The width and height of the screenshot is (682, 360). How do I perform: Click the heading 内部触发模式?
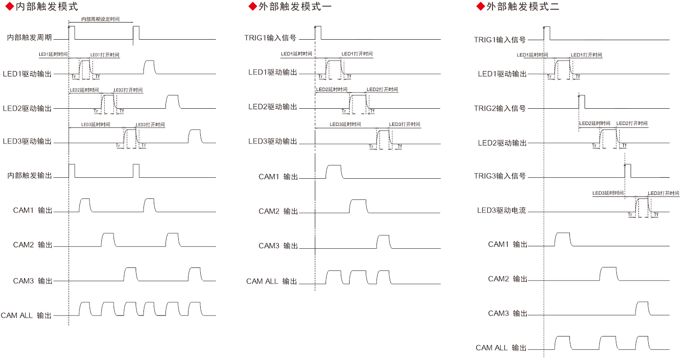[x=47, y=7]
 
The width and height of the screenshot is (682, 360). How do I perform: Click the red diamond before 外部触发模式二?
[x=480, y=7]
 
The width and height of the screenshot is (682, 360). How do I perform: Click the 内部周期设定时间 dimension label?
[x=100, y=19]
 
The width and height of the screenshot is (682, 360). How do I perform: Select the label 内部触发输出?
[x=29, y=175]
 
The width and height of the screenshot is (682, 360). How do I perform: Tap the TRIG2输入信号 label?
[x=500, y=108]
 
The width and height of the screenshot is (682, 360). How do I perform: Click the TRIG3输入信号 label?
[x=500, y=176]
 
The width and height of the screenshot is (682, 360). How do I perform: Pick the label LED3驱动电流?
[x=502, y=211]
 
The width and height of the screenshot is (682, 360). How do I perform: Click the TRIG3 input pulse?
[x=628, y=170]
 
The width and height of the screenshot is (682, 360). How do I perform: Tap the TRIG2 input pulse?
[x=582, y=102]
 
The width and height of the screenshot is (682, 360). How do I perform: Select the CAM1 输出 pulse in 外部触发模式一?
[x=333, y=172]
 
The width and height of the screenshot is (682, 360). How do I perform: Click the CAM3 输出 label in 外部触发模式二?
[x=507, y=313]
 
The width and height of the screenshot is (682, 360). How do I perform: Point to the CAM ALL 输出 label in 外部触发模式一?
[x=272, y=282]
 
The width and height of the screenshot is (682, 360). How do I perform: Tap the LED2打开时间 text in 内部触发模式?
[x=128, y=90]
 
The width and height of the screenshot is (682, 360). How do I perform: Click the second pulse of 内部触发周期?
[x=136, y=32]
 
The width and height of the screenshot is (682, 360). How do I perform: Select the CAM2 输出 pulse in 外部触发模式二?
[x=609, y=273]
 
